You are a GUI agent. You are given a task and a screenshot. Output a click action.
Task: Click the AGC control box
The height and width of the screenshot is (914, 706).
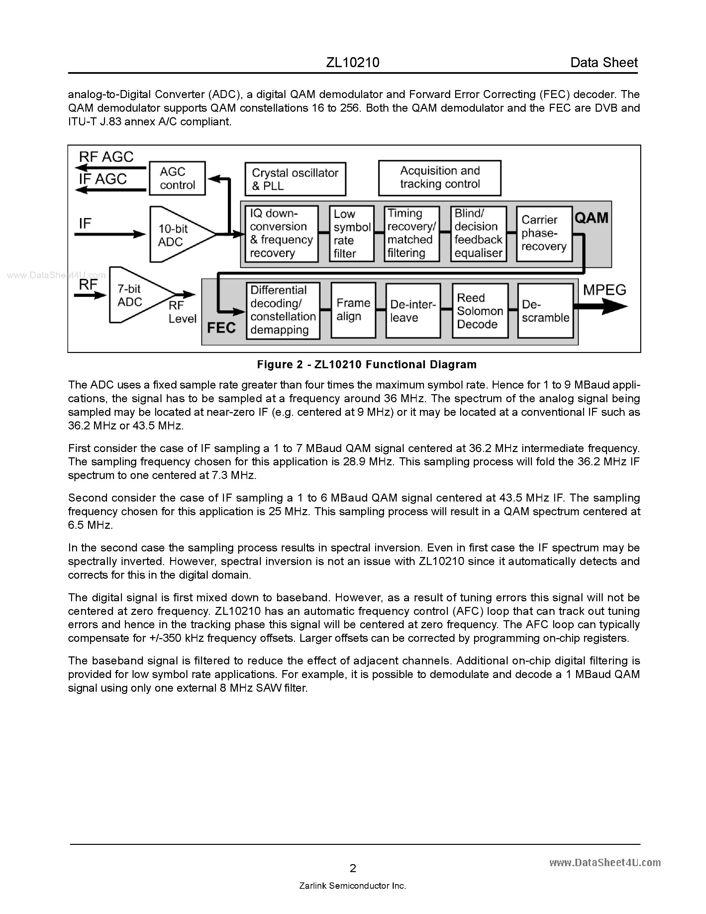(x=177, y=178)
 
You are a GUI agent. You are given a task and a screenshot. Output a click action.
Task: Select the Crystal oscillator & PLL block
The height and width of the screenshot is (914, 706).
(x=295, y=179)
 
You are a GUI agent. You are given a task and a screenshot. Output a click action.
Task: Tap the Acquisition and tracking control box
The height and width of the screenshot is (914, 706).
(x=440, y=178)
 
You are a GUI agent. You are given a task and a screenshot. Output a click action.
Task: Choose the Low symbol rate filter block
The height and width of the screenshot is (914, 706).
(x=351, y=234)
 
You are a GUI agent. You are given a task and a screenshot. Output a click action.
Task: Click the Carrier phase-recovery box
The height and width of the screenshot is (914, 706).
(x=544, y=234)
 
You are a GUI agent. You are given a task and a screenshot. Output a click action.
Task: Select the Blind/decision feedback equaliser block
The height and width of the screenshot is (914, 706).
(x=478, y=234)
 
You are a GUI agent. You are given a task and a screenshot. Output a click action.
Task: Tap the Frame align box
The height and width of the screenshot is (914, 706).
(x=353, y=310)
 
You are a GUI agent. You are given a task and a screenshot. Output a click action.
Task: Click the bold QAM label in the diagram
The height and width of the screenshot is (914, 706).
(x=591, y=218)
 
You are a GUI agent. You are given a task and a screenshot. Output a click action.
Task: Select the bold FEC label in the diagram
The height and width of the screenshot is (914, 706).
(x=221, y=328)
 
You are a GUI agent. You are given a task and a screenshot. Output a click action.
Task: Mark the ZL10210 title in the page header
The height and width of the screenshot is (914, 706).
(x=353, y=62)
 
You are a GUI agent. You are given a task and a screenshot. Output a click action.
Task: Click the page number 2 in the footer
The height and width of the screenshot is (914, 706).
(x=353, y=868)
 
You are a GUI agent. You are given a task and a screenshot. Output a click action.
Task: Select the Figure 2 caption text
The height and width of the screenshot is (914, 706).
(x=366, y=365)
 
